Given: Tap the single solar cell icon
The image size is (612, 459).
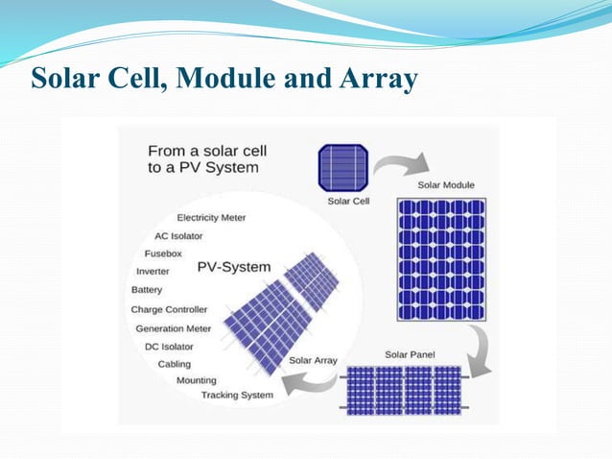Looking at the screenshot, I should pyautogui.click(x=343, y=168).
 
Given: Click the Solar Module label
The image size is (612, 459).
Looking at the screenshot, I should pyautogui.click(x=445, y=185).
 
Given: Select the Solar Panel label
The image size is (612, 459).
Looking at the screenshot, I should pyautogui.click(x=410, y=354).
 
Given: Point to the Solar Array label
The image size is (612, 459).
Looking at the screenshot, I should pyautogui.click(x=313, y=360).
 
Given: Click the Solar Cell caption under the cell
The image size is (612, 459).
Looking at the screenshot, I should pyautogui.click(x=348, y=202).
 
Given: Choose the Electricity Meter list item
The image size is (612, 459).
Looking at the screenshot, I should pyautogui.click(x=211, y=218).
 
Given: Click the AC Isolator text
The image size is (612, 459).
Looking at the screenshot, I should pyautogui.click(x=181, y=235).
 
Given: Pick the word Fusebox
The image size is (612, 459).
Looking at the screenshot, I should pyautogui.click(x=163, y=254).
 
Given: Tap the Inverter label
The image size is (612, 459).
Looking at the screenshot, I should pyautogui.click(x=153, y=272).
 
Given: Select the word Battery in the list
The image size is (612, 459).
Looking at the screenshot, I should pyautogui.click(x=147, y=290).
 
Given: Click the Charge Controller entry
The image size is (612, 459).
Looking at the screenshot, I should pyautogui.click(x=169, y=309).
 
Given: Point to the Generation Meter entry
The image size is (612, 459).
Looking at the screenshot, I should pyautogui.click(x=173, y=327).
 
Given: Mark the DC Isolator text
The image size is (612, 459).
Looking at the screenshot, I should pyautogui.click(x=168, y=346).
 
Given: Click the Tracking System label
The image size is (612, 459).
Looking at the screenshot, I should pyautogui.click(x=236, y=395).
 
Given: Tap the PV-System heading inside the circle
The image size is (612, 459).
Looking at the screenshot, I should pyautogui.click(x=234, y=267).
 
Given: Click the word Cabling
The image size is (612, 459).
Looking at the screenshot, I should pyautogui.click(x=174, y=364).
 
